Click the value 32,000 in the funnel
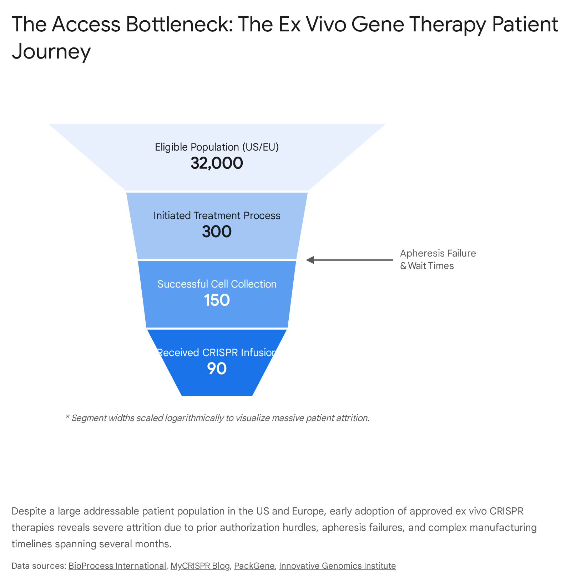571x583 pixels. tap(217, 163)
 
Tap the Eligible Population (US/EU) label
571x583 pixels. tap(217, 147)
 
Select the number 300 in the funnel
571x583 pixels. tap(217, 232)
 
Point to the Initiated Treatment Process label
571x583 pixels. tap(217, 216)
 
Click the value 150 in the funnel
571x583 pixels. tap(217, 300)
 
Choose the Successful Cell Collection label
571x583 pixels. tap(217, 284)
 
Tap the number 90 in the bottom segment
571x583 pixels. tap(217, 369)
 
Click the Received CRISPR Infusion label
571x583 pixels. tap(217, 353)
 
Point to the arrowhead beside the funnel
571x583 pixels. tap(310, 260)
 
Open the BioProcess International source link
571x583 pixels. tap(117, 566)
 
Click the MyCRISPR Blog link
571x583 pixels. tap(200, 566)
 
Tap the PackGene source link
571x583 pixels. tap(254, 566)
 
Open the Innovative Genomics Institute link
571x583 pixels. tap(337, 566)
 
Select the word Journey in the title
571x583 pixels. tap(51, 52)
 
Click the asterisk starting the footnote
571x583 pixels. tap(67, 416)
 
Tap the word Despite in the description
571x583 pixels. tap(29, 511)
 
